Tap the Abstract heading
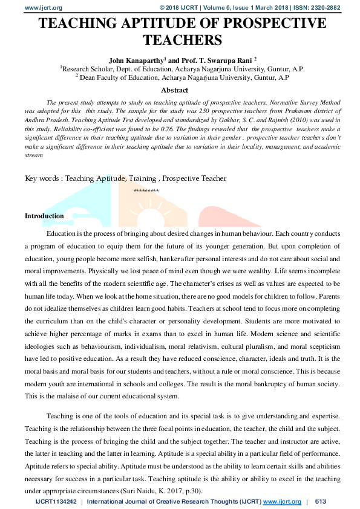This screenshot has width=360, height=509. (174, 90)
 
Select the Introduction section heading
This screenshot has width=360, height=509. (44, 216)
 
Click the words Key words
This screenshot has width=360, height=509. (42, 178)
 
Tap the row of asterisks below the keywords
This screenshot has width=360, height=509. (146, 191)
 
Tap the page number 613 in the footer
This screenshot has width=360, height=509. (321, 502)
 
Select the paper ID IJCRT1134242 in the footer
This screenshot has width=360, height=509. (56, 502)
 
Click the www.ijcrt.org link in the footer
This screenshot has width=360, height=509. (282, 502)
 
